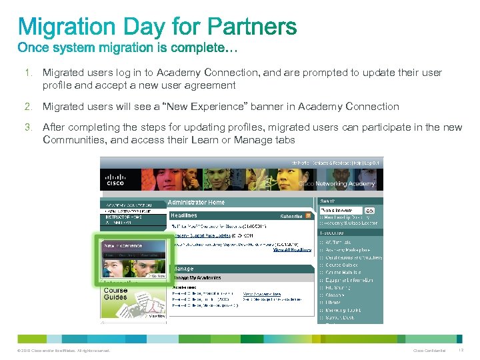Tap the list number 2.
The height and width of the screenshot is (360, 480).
[29, 107]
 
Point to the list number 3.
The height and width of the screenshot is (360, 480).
[29, 127]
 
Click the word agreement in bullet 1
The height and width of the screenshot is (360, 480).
[207, 85]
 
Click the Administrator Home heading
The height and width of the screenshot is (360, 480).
[196, 202]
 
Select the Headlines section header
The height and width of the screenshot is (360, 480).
[184, 216]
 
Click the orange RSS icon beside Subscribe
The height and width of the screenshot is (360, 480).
[308, 216]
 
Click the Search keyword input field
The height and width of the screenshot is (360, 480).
[341, 211]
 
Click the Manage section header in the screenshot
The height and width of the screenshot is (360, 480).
[184, 269]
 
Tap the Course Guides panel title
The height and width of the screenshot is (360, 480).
[115, 293]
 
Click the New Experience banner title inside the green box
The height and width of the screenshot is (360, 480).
[123, 246]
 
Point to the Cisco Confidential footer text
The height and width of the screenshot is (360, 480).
[429, 351]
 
